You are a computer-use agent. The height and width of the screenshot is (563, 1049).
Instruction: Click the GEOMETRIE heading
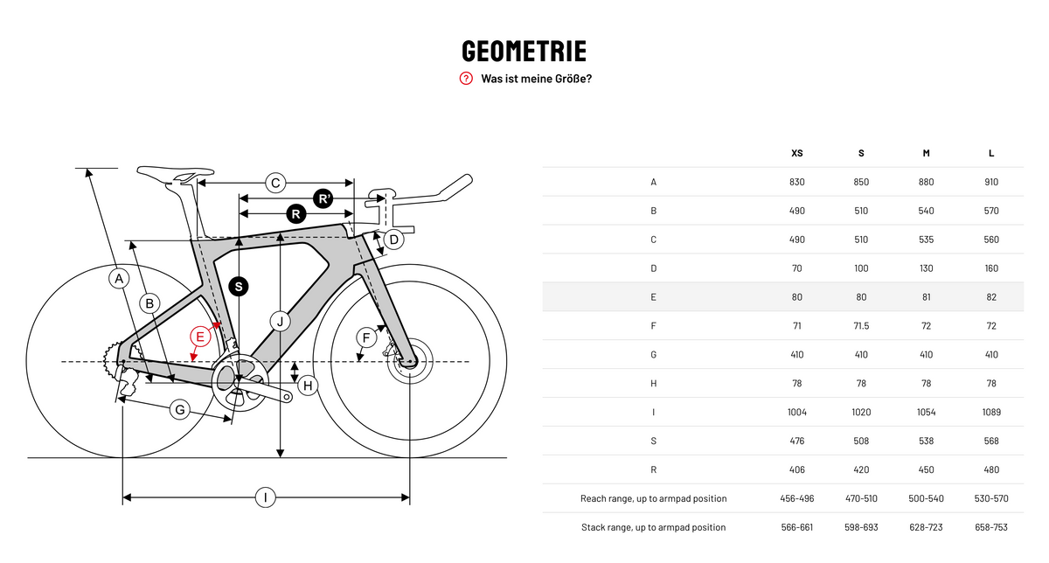tap(524, 51)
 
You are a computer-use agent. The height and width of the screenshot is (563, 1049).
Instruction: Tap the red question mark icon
tap(466, 78)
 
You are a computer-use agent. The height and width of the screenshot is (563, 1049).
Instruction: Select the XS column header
tap(796, 153)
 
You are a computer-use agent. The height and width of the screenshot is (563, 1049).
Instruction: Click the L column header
tap(991, 153)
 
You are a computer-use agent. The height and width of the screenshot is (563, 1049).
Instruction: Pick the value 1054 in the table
tap(926, 412)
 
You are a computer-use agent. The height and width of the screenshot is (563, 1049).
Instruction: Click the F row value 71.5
tap(861, 326)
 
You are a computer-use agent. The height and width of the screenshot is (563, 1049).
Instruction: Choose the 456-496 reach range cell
tap(796, 498)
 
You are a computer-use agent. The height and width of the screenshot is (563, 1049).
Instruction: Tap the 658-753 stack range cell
tap(991, 527)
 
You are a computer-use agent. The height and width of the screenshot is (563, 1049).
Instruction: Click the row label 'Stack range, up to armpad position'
tap(653, 527)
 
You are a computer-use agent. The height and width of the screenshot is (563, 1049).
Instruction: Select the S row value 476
tap(796, 441)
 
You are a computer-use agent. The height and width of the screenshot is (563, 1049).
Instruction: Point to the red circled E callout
tap(200, 337)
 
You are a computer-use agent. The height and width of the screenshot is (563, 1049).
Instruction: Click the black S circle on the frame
tap(239, 287)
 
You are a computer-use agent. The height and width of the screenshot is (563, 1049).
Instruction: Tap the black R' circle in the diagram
tap(323, 198)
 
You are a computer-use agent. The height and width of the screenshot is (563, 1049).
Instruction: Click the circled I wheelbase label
tap(266, 497)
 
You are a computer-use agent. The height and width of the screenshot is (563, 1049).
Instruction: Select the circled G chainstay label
tap(180, 410)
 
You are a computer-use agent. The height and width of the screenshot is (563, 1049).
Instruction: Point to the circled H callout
tap(308, 386)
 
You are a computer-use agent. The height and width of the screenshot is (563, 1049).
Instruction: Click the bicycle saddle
tap(175, 173)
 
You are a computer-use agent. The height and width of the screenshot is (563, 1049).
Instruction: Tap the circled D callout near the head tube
tap(394, 240)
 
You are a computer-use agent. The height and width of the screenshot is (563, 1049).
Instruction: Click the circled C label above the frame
tap(275, 183)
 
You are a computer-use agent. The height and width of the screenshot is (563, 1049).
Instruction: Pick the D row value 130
tap(926, 268)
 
